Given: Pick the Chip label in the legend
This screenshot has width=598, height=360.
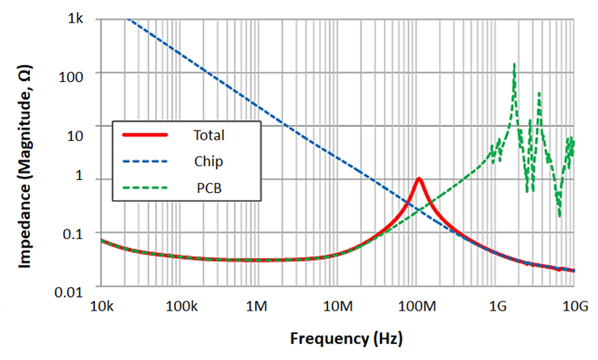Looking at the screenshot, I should (x=208, y=161).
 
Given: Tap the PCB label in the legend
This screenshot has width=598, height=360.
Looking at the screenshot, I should (x=208, y=189).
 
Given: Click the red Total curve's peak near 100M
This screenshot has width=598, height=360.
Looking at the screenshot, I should (x=418, y=178).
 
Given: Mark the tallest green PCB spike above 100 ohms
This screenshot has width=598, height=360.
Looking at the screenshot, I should (x=514, y=64).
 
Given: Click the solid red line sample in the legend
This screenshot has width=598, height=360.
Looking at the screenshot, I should (x=144, y=134).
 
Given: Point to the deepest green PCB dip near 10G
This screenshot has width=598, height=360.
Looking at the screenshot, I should (x=559, y=216).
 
